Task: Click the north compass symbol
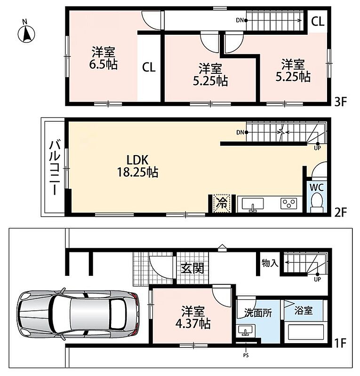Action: click(26, 32)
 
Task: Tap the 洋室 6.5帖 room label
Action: click(104, 58)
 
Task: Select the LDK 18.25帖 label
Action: click(137, 166)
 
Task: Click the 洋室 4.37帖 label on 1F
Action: click(193, 317)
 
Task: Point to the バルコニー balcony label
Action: click(55, 167)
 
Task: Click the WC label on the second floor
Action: click(317, 188)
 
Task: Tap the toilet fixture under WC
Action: click(317, 203)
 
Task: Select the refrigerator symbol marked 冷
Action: click(222, 204)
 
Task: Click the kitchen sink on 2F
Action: click(252, 204)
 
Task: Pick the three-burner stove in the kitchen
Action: click(288, 204)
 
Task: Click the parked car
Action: click(79, 314)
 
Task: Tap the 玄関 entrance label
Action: click(192, 268)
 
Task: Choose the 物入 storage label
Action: click(270, 263)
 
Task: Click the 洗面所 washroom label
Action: click(258, 313)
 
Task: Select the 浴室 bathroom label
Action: click(304, 311)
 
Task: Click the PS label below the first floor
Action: click(246, 355)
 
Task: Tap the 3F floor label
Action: click(341, 102)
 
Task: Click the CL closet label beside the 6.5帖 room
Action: click(149, 67)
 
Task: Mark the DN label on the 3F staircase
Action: click(240, 20)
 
